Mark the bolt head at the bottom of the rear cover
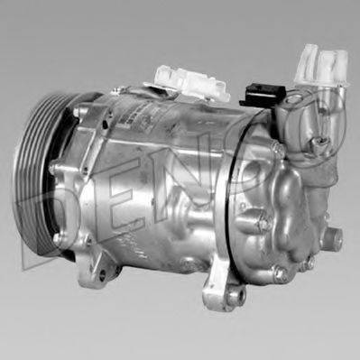coord(282,271)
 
